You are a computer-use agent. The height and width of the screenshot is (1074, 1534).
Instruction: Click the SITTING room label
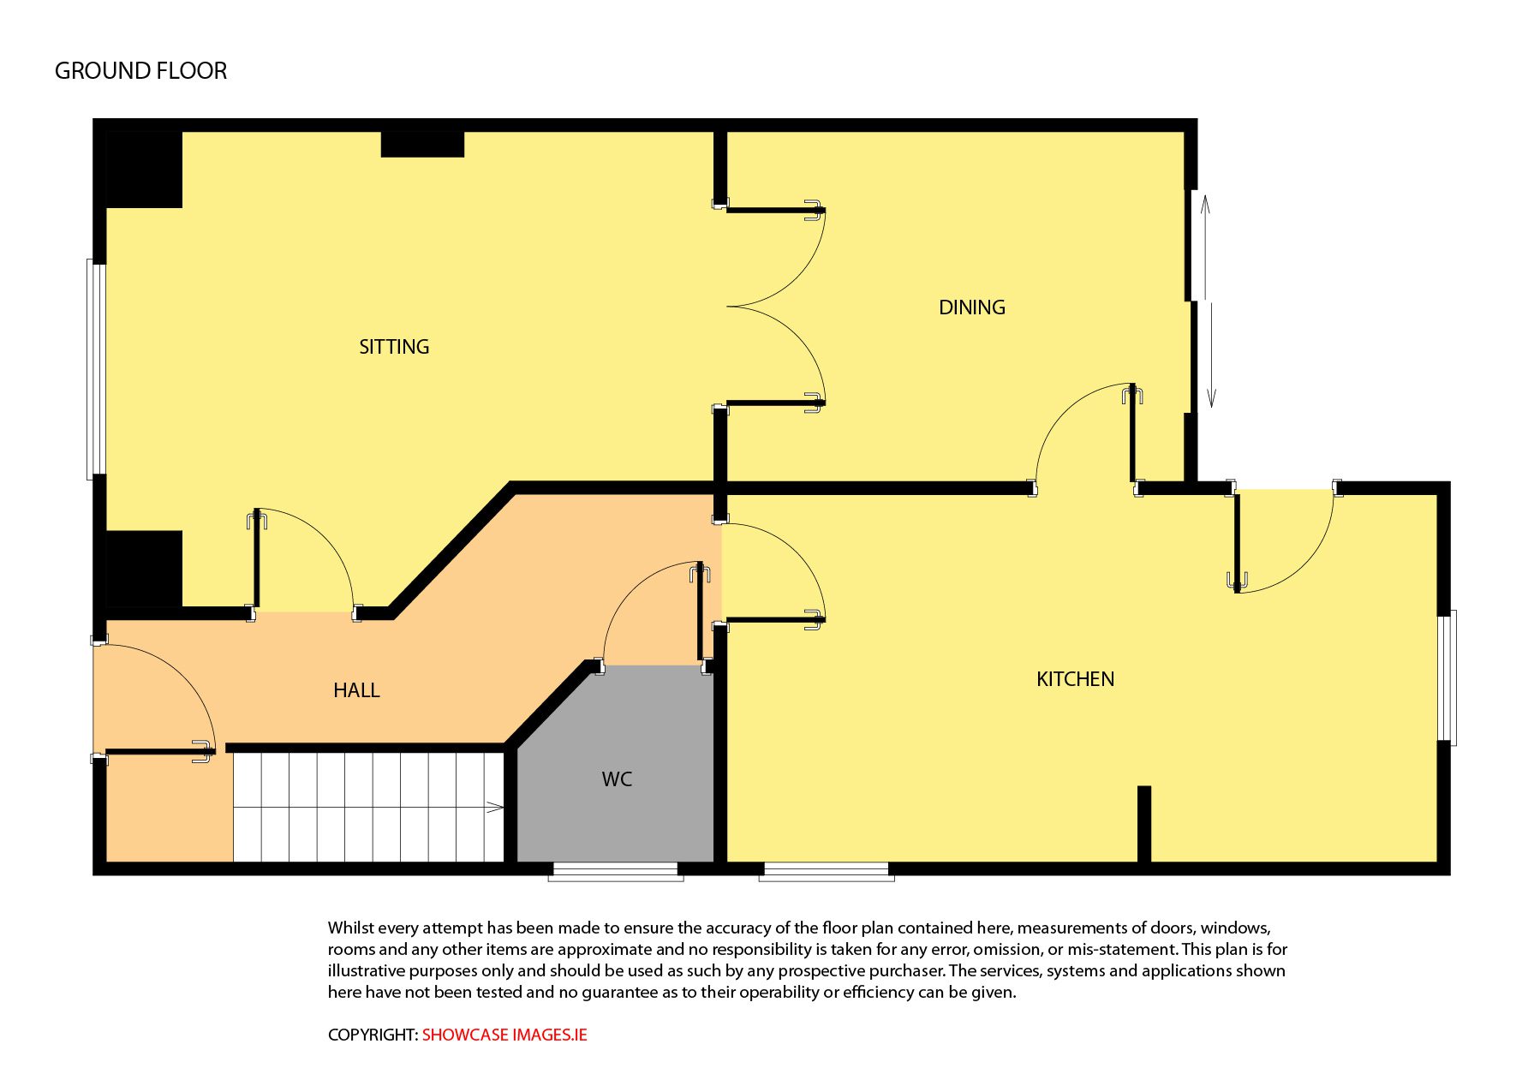tap(394, 347)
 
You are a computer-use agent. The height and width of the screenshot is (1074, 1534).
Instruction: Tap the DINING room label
tap(972, 307)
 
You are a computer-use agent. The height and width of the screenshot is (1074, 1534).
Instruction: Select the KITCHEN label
tap(1075, 679)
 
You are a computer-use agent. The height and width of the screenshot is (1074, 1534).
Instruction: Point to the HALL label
tap(356, 690)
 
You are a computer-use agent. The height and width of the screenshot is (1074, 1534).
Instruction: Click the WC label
tap(617, 779)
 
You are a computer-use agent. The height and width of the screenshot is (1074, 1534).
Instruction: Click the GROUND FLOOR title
tap(141, 71)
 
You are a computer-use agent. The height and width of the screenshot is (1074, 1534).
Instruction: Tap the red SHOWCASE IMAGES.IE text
tap(504, 1035)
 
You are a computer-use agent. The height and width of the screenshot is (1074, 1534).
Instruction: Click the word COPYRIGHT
tap(373, 1035)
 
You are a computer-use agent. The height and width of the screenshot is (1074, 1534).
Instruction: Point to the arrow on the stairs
tap(494, 806)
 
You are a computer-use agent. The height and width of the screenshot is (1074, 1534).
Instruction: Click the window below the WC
tap(616, 872)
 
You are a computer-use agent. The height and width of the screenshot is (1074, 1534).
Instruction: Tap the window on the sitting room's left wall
tap(96, 369)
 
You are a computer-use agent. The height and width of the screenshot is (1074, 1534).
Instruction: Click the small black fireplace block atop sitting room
tap(422, 144)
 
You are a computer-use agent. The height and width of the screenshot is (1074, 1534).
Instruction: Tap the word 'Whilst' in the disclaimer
tap(350, 928)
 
